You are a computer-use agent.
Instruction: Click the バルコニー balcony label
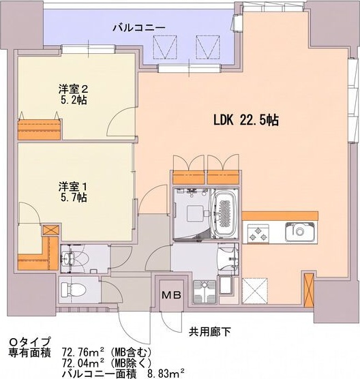pyautogui.click(x=139, y=28)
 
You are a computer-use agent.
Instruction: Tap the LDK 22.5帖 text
pyautogui.click(x=246, y=120)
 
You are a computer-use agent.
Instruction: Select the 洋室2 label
pyautogui.click(x=73, y=89)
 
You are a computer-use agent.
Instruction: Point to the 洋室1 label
pyautogui.click(x=73, y=187)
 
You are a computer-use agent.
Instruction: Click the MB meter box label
pyautogui.click(x=171, y=295)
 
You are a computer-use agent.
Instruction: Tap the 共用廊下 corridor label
pyautogui.click(x=210, y=332)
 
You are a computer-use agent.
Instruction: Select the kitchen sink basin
pyautogui.click(x=300, y=232)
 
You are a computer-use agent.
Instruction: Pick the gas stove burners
pyautogui.click(x=258, y=233)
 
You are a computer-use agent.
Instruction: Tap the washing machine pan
pyautogui.click(x=205, y=292)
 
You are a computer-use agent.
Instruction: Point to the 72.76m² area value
pyautogui.click(x=83, y=352)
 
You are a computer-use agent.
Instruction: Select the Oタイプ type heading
pyautogui.click(x=30, y=342)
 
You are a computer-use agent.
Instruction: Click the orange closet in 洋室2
pyautogui.click(x=39, y=130)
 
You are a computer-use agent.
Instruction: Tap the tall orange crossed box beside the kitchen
pyautogui.click(x=308, y=290)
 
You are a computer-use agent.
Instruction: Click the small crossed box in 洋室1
pyautogui.click(x=50, y=230)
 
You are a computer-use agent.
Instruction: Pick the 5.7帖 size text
pyautogui.click(x=74, y=198)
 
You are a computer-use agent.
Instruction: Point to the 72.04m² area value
pyautogui.click(x=83, y=363)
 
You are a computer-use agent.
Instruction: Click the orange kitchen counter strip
pyautogui.click(x=280, y=215)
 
